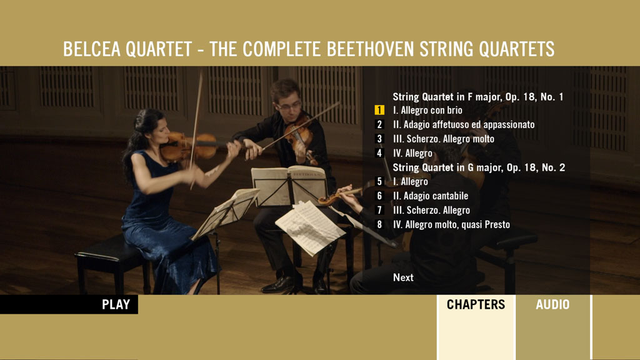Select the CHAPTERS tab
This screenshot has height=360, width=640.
click(476, 304)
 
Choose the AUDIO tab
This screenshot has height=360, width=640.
click(552, 304)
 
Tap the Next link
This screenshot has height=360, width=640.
click(403, 277)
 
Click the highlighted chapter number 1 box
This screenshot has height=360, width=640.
click(379, 110)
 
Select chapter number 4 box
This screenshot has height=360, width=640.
click(379, 153)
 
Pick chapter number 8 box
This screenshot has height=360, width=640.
click(379, 224)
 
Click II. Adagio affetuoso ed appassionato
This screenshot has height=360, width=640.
click(464, 124)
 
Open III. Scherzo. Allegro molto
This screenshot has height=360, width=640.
click(444, 139)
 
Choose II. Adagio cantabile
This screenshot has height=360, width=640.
click(431, 196)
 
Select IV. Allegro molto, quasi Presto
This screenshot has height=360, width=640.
click(451, 224)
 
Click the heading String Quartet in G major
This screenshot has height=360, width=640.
click(447, 167)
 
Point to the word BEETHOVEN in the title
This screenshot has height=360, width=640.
click(370, 49)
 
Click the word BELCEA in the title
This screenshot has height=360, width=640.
click(91, 49)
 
